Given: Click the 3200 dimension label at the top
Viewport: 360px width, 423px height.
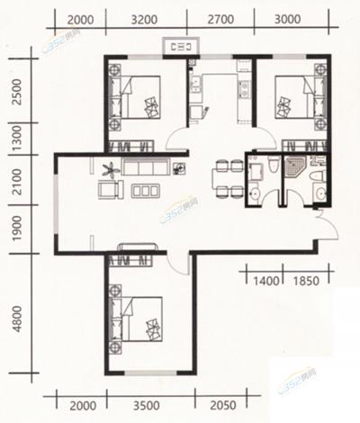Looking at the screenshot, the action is click(144, 20).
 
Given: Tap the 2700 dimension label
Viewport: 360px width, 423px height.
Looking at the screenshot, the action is click(220, 20).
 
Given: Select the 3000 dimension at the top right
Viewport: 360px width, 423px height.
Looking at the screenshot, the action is click(287, 20).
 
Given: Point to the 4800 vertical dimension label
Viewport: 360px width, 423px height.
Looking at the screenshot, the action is click(18, 319).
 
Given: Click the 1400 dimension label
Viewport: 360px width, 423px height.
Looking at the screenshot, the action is click(266, 281).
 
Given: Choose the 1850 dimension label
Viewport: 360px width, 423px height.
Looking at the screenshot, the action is click(306, 281).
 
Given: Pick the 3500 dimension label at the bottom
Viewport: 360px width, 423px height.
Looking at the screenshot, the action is click(147, 406).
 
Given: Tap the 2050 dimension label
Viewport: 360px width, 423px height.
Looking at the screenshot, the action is click(223, 406).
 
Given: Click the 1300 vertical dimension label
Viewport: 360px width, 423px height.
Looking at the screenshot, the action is click(18, 139).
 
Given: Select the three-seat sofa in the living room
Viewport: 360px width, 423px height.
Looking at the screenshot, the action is click(145, 167).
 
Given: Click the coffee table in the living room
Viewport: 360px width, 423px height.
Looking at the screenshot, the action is click(145, 191).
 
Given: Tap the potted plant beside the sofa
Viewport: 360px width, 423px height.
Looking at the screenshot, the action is click(110, 170).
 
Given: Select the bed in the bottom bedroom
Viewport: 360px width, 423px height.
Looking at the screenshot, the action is click(137, 319).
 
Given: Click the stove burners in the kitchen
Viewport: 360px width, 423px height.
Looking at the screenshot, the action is click(244, 89).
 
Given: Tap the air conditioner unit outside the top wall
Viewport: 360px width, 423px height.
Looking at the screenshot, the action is click(181, 47).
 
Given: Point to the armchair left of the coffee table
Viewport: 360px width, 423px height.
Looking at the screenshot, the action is click(110, 190).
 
